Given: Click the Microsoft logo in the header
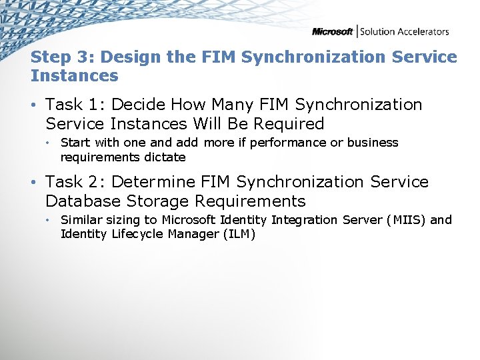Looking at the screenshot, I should pos(333,31).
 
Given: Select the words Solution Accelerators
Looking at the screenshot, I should pos(405,31).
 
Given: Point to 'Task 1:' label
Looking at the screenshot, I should pos(73,105).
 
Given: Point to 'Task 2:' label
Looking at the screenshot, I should pos(73,182).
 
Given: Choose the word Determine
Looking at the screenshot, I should pos(152,182).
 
